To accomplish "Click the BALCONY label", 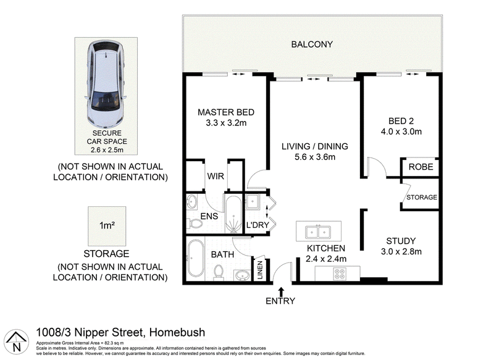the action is pos(312,44).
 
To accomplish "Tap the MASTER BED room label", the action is pos(226,112).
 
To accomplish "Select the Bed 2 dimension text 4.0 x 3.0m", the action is pos(401,132).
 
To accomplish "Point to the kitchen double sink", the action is pos(318,232).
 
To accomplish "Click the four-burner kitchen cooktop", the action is pos(340,274).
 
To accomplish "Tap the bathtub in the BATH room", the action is pos(195,258).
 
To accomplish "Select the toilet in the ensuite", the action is pos(196,224).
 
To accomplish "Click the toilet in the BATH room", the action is pos(219,272).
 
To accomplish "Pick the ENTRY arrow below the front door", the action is pos(281,291).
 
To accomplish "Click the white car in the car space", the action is pos(106,83).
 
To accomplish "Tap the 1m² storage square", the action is pos(107,226).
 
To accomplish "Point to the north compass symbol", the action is pos(17,342).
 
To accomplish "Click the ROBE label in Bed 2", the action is pos(421,167).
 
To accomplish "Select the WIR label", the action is pos(216,176).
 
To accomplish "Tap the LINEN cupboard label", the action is pos(260,270).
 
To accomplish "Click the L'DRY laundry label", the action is pos(257,225).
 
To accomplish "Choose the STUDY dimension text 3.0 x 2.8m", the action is pos(401,252).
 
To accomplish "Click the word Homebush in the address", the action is pos(177,332).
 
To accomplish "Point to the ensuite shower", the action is pos(233,214).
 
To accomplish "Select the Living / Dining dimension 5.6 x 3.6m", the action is pos(315,157).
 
